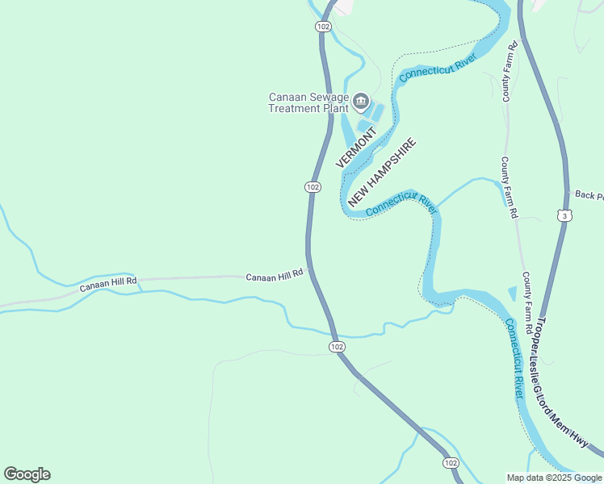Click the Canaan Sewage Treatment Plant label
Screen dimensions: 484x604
pyautogui.click(x=308, y=102)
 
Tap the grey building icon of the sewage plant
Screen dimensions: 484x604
pyautogui.click(x=361, y=102)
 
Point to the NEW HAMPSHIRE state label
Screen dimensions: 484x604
pyautogui.click(x=382, y=172)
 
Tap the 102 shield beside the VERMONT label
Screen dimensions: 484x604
pyautogui.click(x=313, y=186)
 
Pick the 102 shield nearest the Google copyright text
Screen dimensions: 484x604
pyautogui.click(x=451, y=462)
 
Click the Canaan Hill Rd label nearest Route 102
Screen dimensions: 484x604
pyautogui.click(x=275, y=274)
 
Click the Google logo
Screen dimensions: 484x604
pyautogui.click(x=27, y=474)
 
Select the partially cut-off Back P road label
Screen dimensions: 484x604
pyautogui.click(x=587, y=194)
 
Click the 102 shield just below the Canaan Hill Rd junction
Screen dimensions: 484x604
pyautogui.click(x=337, y=346)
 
